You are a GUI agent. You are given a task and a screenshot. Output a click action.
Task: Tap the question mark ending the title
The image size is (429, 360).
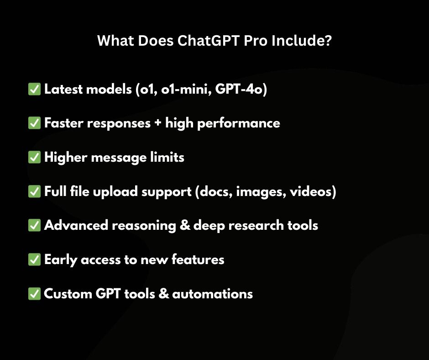(327, 42)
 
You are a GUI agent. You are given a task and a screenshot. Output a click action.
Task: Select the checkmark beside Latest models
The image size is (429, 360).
(34, 89)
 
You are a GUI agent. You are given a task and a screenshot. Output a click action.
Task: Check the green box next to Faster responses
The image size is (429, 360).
(34, 123)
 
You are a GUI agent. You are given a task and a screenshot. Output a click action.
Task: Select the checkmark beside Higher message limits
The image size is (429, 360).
(34, 158)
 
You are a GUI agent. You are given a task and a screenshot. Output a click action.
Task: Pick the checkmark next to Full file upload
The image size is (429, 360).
(34, 192)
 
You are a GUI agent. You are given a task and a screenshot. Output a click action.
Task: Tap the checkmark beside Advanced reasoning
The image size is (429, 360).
(34, 225)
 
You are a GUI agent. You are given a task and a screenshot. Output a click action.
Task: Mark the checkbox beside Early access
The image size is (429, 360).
(34, 259)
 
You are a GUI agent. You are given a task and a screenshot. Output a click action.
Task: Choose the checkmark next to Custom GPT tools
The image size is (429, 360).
(34, 293)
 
